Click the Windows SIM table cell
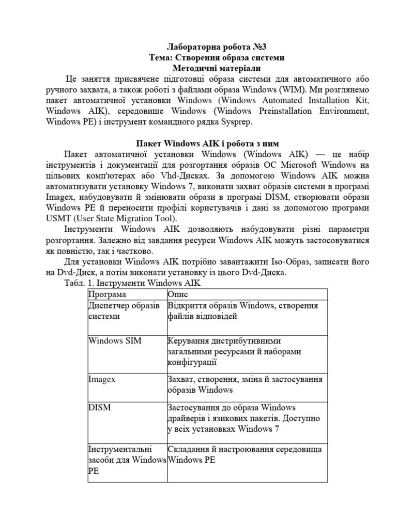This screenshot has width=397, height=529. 115,341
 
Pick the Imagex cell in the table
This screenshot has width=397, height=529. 102,379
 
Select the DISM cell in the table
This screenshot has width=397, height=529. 100,408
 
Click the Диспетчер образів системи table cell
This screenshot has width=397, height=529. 124,311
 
